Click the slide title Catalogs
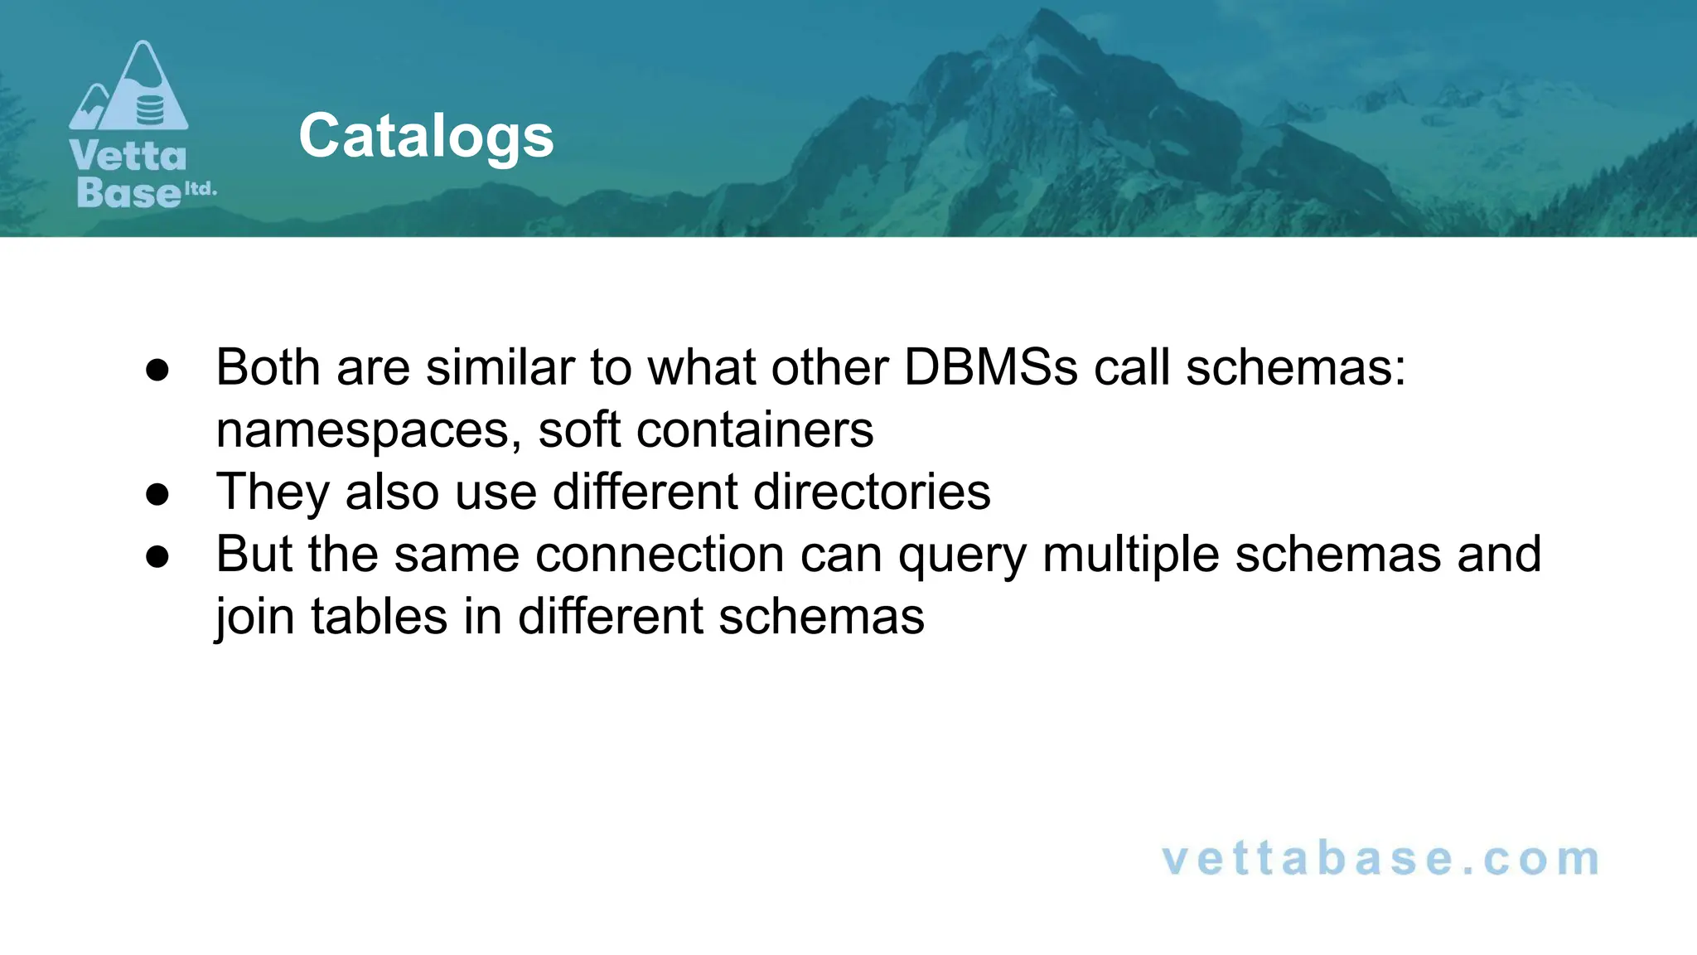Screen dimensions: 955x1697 pos(426,136)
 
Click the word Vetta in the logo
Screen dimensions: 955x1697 pos(128,156)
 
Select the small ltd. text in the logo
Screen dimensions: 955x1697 pos(200,189)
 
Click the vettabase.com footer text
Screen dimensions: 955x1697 pos(1380,858)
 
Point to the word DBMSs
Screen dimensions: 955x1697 pos(990,366)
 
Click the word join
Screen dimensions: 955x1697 pos(255,617)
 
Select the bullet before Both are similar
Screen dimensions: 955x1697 pos(157,370)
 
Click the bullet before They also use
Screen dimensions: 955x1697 pos(157,495)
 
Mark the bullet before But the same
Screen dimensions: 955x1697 pos(157,557)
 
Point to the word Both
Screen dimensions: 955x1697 pos(268,366)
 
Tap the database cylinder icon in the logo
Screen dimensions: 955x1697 pos(150,109)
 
